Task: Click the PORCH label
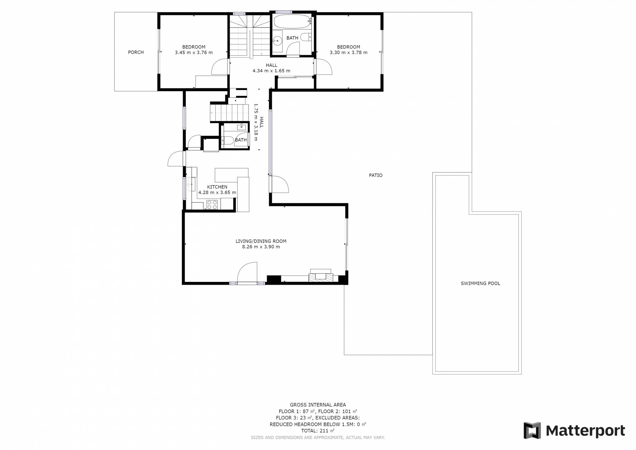136,52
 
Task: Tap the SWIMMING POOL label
480,284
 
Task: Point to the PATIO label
376,175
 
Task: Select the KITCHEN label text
217,187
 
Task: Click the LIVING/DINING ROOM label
261,241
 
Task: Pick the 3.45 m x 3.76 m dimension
194,53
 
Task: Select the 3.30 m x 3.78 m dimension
348,53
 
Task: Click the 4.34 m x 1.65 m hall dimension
271,71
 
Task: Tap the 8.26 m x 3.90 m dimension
261,247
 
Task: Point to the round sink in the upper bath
277,40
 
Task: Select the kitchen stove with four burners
212,205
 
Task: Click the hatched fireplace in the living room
321,278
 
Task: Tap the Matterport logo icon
532,430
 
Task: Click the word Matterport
585,431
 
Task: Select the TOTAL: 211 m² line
318,431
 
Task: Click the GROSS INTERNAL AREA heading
318,405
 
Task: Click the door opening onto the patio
279,184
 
